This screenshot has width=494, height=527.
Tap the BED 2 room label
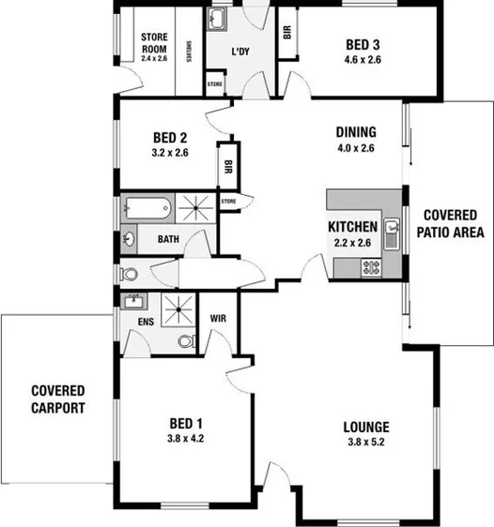click(170, 135)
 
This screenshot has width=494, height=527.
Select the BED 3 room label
click(363, 45)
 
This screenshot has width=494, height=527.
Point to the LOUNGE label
click(366, 427)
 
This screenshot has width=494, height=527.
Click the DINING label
click(356, 132)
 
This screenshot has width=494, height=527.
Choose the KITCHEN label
click(352, 227)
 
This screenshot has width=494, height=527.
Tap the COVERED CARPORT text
click(57, 399)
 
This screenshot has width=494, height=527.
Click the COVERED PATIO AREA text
click(453, 223)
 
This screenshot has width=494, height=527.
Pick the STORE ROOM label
click(153, 43)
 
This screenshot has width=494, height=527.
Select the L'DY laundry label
click(242, 52)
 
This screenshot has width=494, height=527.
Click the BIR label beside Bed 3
click(286, 32)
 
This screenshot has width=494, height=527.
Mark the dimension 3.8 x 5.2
click(366, 443)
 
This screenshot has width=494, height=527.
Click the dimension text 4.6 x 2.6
click(363, 60)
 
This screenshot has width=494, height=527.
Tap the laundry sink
click(219, 19)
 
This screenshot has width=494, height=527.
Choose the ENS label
click(146, 321)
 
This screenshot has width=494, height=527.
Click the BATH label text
click(168, 239)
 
